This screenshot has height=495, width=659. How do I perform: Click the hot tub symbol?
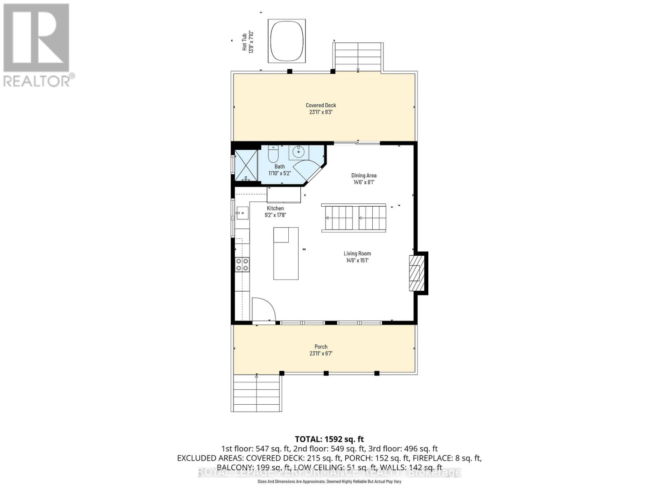click(x=287, y=41)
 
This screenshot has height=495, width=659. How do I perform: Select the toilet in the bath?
click(x=273, y=154)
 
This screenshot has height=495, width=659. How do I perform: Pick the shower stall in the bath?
click(x=246, y=165)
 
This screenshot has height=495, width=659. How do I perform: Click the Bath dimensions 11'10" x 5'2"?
click(x=280, y=174)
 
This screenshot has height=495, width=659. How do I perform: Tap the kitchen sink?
click(x=242, y=214)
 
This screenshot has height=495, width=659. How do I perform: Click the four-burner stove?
click(x=242, y=264)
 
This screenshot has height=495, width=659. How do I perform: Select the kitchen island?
click(x=286, y=253)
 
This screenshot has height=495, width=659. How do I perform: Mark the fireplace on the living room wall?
click(x=416, y=273)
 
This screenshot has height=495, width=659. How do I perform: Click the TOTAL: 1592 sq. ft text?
click(x=329, y=439)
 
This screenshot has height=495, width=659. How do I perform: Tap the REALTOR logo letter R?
click(x=36, y=38)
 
